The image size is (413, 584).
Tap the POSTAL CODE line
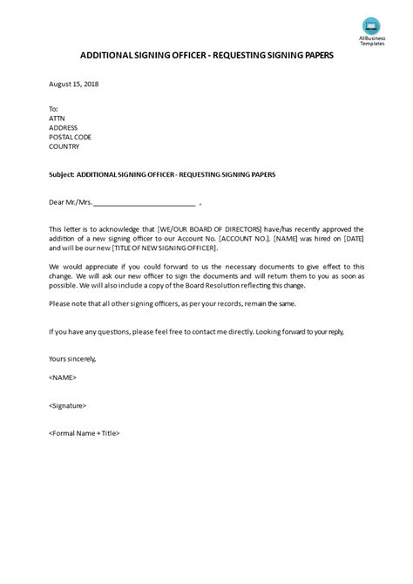(x=71, y=137)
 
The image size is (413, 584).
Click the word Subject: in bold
(x=64, y=174)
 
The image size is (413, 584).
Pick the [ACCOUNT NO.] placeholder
(x=247, y=238)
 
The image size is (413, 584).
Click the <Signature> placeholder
(x=68, y=405)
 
